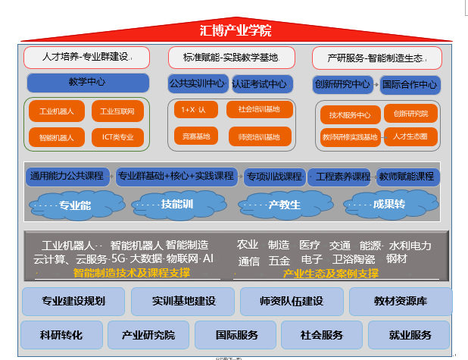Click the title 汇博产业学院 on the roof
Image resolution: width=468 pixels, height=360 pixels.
[235, 31]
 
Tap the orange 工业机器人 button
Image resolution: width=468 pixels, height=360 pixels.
[56, 112]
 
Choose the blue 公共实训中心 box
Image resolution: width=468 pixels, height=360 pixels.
[197, 83]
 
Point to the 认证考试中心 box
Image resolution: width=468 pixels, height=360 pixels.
[259, 83]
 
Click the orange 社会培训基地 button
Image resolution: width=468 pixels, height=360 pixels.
[258, 110]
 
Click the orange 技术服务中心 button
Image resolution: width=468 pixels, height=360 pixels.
[350, 115]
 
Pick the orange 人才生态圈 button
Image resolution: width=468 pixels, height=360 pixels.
[410, 136]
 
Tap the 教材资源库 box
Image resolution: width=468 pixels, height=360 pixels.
[401, 301]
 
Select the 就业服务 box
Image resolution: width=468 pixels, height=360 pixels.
[410, 334]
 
